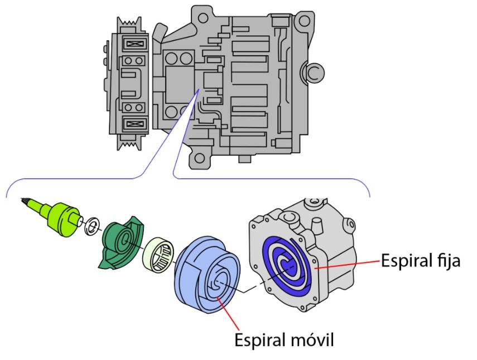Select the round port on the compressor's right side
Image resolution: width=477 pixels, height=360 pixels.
coord(312,70)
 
